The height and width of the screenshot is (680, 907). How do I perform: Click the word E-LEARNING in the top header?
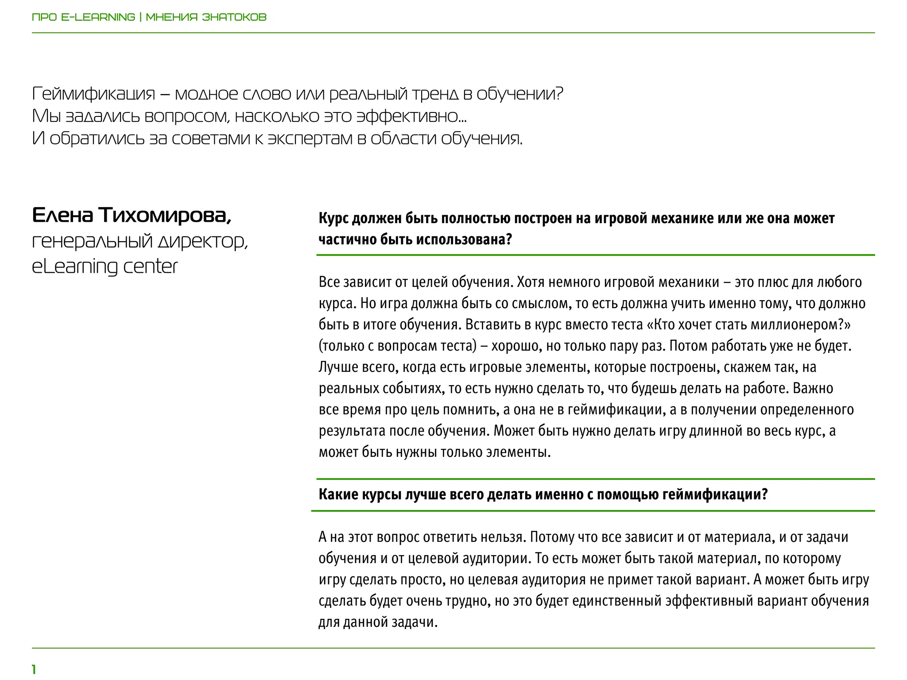(98, 17)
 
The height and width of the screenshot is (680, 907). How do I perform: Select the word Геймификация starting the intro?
(93, 94)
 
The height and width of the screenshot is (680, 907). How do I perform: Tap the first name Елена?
(62, 216)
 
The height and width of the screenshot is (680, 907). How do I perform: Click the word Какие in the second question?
(338, 495)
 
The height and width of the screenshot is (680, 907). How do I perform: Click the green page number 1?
(34, 669)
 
